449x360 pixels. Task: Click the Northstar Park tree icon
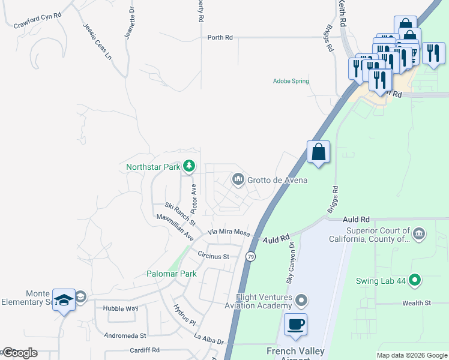point(189,165)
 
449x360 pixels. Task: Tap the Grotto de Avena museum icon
point(238,179)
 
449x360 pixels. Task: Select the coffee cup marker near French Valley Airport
point(295,325)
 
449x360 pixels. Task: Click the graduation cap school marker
point(63,300)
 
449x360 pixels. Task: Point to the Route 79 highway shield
point(250,257)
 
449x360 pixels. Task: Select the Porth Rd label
point(220,37)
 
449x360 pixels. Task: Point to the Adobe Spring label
point(291,81)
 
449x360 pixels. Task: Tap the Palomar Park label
point(172,274)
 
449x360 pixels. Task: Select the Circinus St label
point(214,256)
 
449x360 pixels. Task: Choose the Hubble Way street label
point(121,308)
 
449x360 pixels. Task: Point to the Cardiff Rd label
point(145,350)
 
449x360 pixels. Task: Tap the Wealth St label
point(417,303)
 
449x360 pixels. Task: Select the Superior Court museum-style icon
point(418,233)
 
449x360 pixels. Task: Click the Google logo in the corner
point(19,353)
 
